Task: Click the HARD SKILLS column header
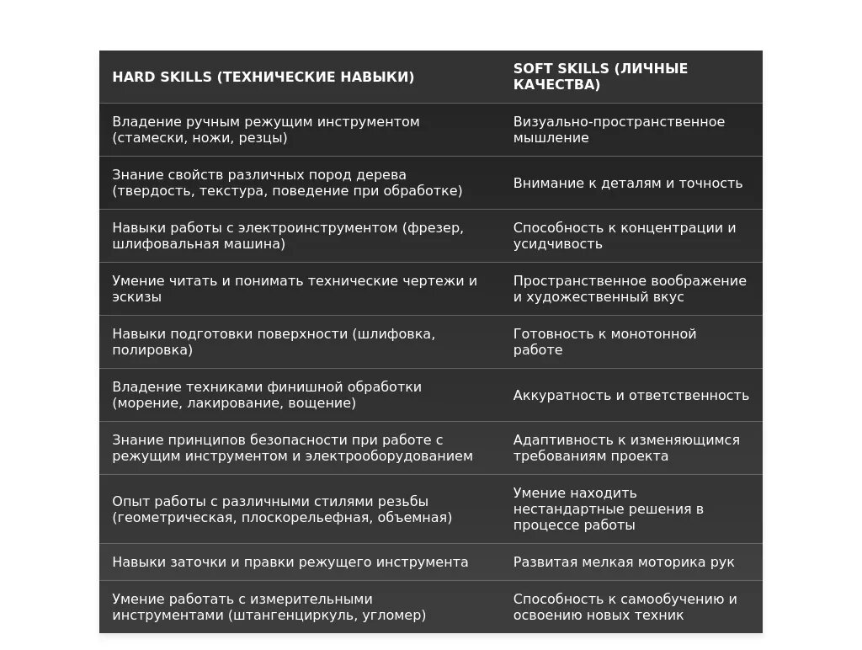point(263,77)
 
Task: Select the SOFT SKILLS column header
point(600,77)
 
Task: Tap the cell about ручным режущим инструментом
point(266,130)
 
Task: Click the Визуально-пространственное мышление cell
point(619,130)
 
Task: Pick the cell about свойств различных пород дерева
point(287,183)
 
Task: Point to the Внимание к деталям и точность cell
point(628,183)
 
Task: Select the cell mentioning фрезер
point(288,236)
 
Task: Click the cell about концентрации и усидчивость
point(625,236)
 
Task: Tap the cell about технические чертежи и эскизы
point(295,289)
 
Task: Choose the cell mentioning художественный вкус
point(630,289)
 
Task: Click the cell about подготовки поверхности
point(274,342)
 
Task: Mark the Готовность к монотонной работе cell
point(605,342)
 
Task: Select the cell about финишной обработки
point(267,395)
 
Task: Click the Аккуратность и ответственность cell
point(631,395)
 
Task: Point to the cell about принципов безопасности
point(292,448)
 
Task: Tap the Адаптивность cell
point(626,448)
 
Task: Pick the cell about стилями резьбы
point(282,509)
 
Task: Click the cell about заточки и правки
point(290,562)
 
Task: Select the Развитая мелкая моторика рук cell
point(624,562)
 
